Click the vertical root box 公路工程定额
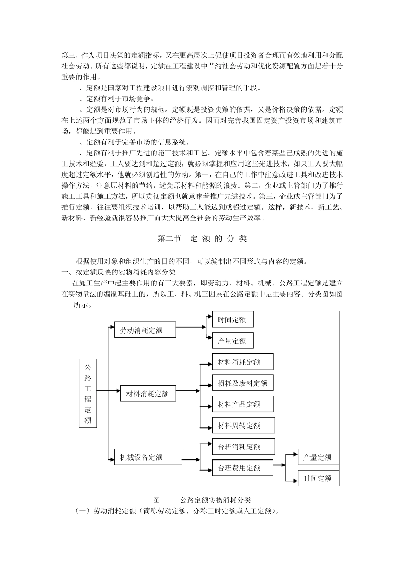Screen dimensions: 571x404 click(x=88, y=393)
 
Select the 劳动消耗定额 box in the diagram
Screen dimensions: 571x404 click(x=145, y=330)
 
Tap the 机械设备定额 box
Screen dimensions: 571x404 click(x=145, y=457)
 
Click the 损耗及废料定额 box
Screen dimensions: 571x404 click(x=242, y=383)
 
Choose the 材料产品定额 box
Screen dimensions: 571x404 click(x=242, y=404)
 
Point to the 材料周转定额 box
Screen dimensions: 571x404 click(x=243, y=425)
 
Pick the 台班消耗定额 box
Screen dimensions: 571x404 click(x=243, y=447)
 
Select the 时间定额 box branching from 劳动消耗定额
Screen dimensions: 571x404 click(x=233, y=319)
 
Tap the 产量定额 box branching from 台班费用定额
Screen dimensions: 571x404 click(x=318, y=457)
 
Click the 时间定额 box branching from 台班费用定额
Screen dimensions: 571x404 click(x=318, y=478)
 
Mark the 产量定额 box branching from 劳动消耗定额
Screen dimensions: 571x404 click(x=233, y=341)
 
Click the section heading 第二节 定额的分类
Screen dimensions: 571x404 click(x=202, y=239)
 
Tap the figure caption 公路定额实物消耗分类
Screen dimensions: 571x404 click(x=216, y=500)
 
